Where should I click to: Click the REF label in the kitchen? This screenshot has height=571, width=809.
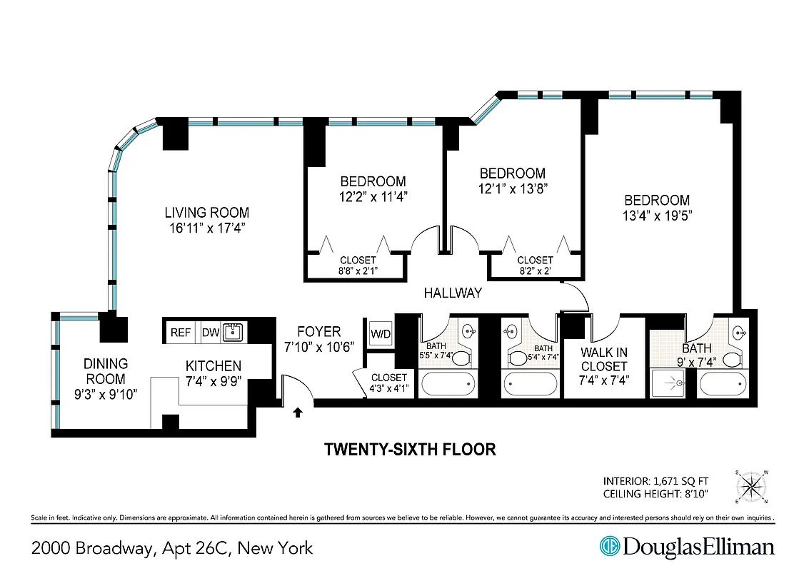pos(181,333)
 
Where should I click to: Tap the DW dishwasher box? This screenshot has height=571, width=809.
pos(210,333)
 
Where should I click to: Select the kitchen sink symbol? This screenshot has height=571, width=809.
pos(233,332)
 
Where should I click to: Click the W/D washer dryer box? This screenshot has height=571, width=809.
pos(379,333)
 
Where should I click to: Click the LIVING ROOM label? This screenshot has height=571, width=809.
pos(207,213)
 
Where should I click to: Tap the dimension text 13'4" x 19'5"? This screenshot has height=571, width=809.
pos(656,215)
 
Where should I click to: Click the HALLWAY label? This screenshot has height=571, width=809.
pos(453,293)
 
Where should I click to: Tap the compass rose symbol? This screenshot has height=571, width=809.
pos(753,487)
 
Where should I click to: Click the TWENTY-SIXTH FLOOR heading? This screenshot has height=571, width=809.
pos(410,450)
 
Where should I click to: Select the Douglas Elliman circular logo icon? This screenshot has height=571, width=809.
pos(609,547)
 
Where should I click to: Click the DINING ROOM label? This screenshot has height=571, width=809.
pos(105,372)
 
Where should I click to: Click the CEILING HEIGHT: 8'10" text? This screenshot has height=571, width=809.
pos(657,494)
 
